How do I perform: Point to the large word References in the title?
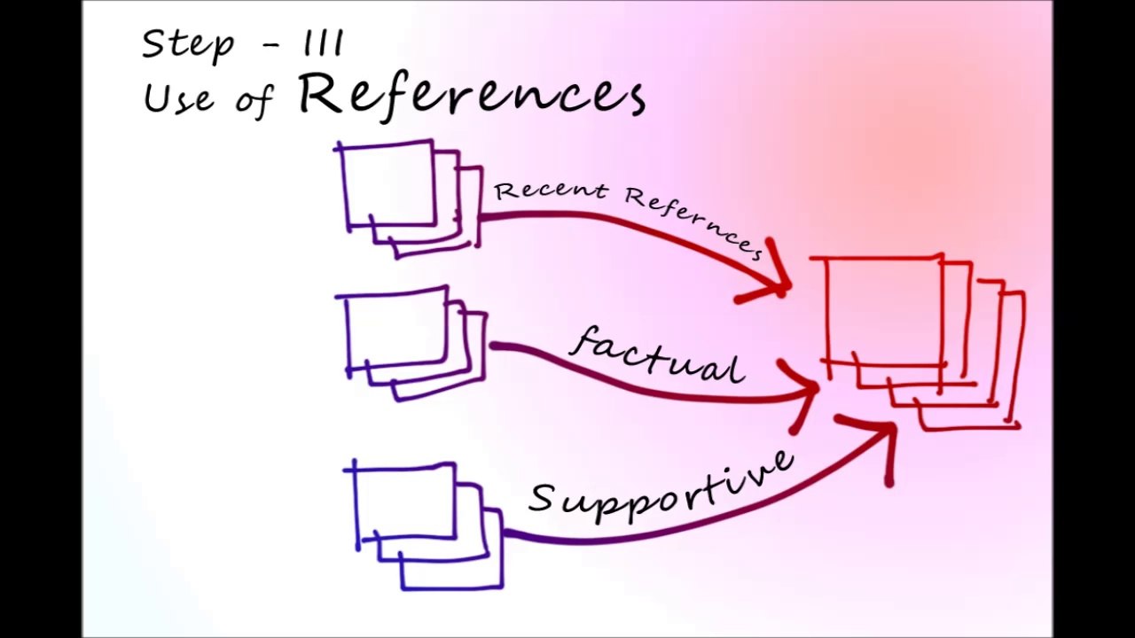click(x=471, y=93)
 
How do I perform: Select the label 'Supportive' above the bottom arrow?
click(x=661, y=488)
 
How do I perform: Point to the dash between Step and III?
click(x=277, y=44)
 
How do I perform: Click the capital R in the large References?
click(x=321, y=93)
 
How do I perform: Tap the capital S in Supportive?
click(x=542, y=498)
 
